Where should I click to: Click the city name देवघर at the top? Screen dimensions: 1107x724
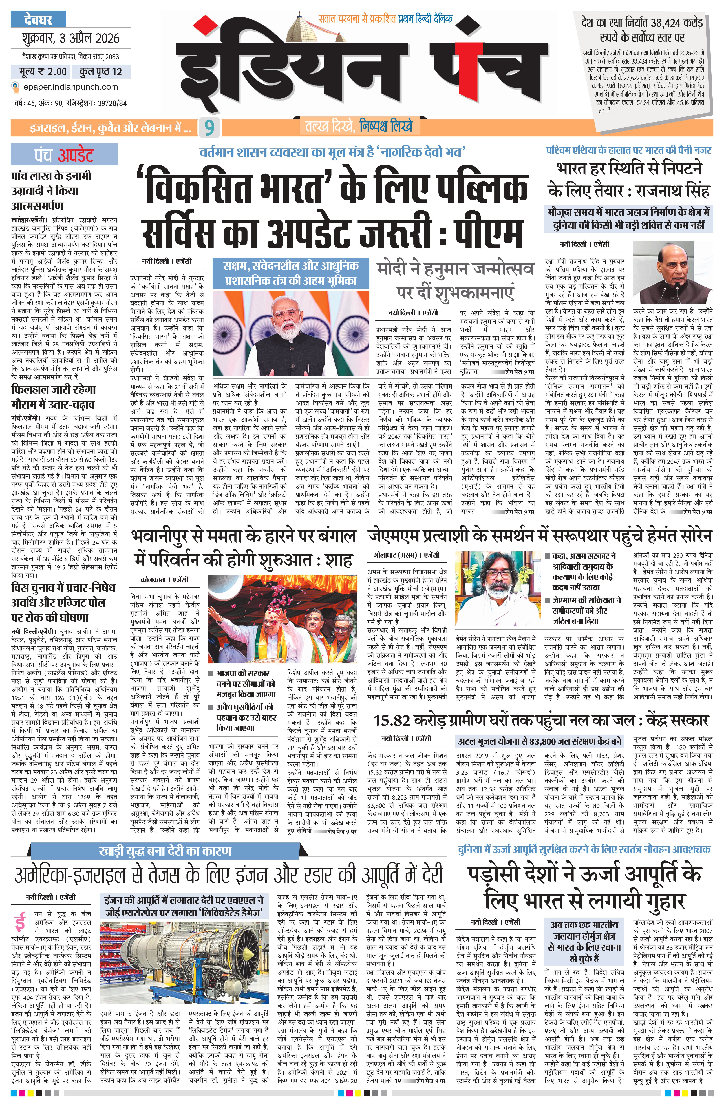38,20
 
